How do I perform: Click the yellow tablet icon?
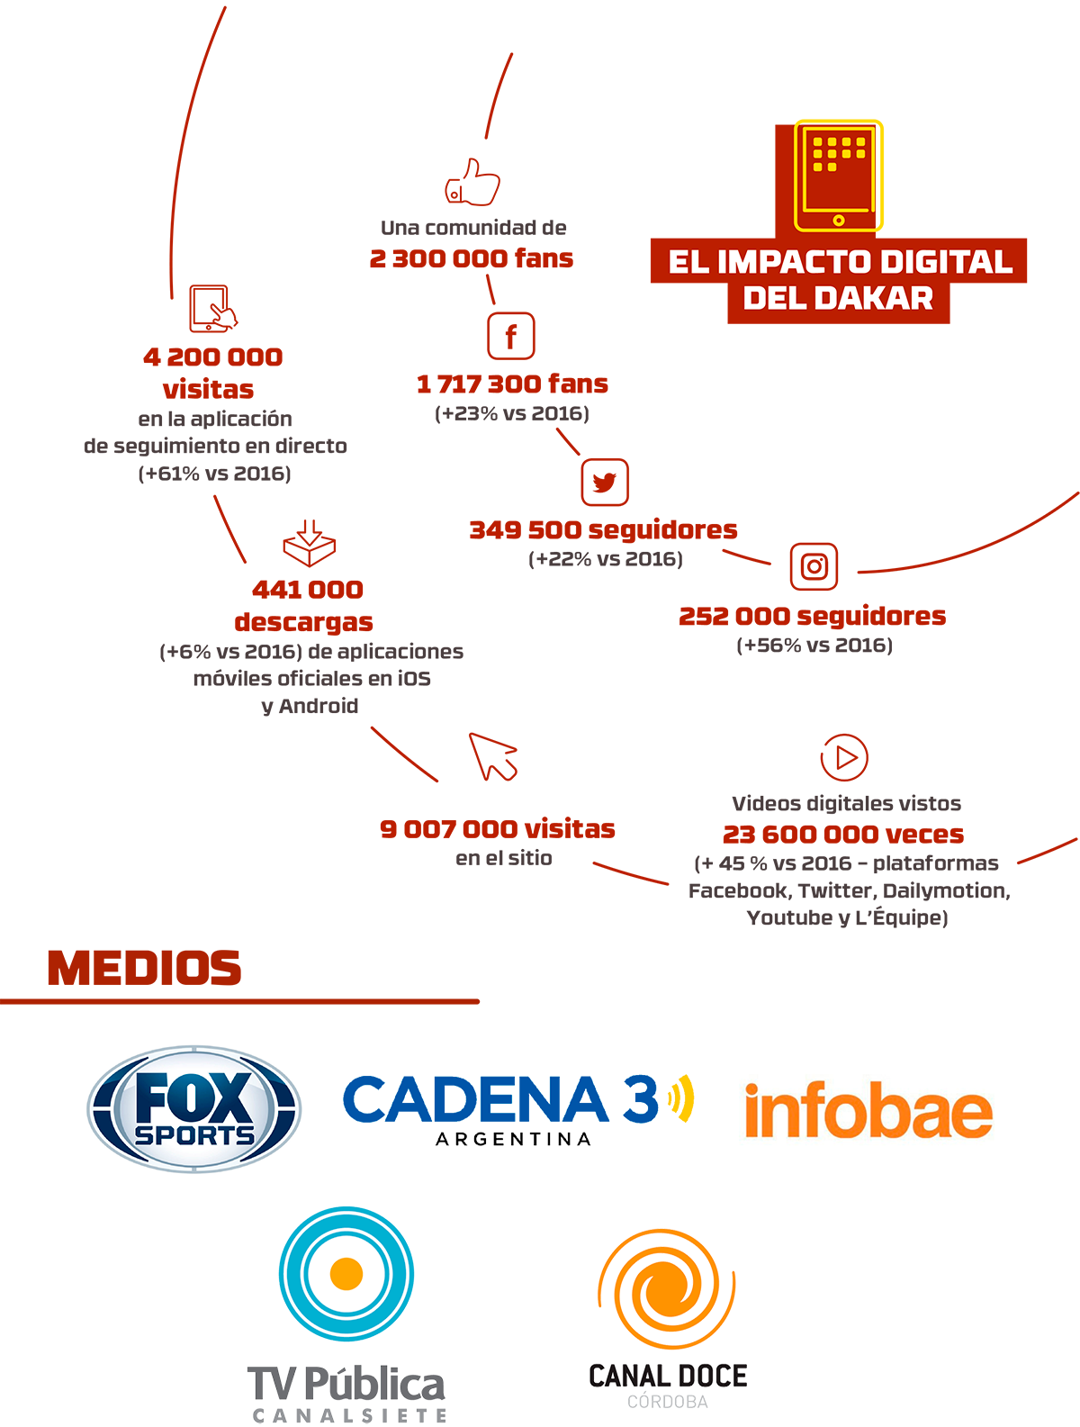tap(836, 176)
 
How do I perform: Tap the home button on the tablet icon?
tap(839, 220)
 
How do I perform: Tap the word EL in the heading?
tap(688, 262)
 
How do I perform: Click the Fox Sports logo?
tap(193, 1109)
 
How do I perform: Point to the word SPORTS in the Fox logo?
tap(194, 1134)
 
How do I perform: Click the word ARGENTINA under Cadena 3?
tap(513, 1139)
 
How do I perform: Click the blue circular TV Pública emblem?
tap(346, 1273)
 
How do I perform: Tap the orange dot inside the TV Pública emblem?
tap(346, 1273)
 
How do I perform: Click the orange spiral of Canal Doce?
tap(667, 1291)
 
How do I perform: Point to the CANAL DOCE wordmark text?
tap(667, 1375)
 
